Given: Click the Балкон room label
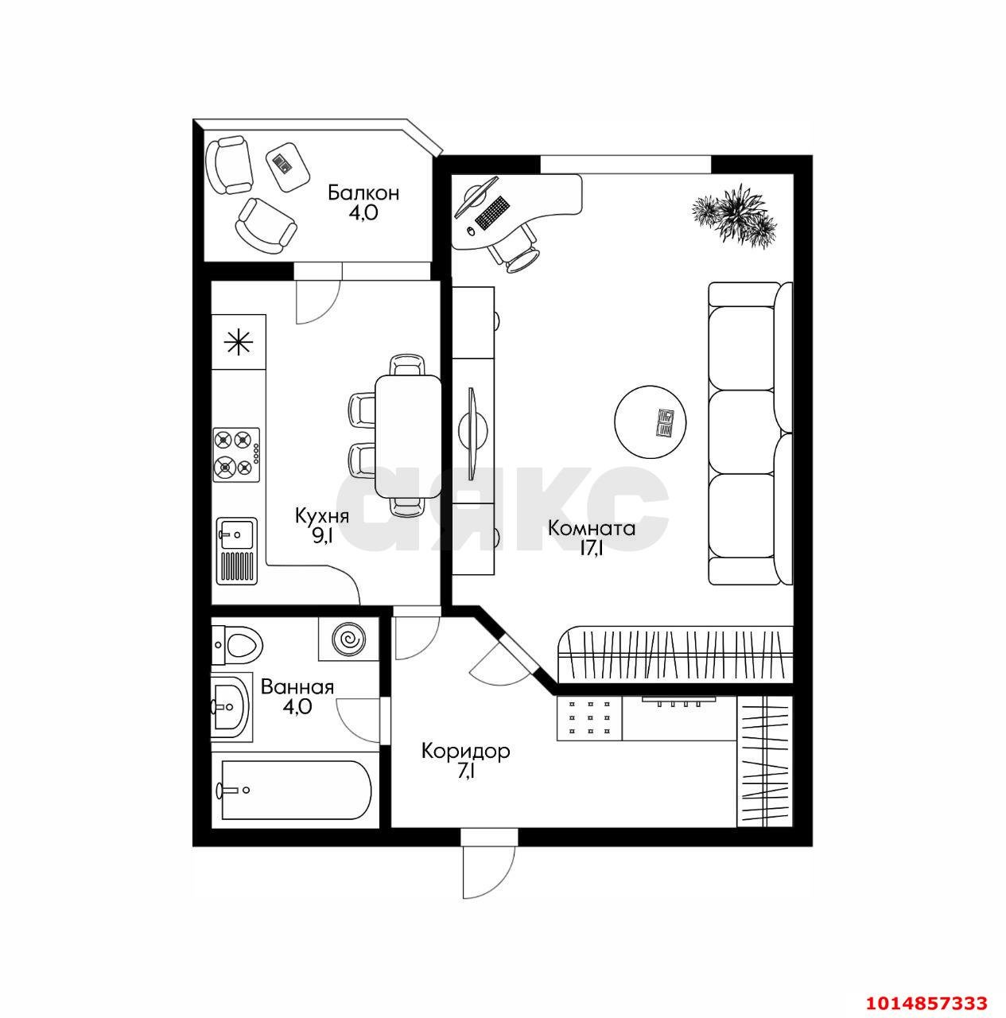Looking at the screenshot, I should (x=363, y=192).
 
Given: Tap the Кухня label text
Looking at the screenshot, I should (x=321, y=515).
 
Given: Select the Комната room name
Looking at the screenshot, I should (x=592, y=528).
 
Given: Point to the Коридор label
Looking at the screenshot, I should (x=465, y=751).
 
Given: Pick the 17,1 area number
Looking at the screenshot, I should (x=591, y=549).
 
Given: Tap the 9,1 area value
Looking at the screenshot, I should (x=322, y=535).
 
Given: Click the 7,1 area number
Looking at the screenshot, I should (x=466, y=771).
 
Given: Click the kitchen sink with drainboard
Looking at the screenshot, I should (x=236, y=550).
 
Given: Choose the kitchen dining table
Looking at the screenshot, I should (x=408, y=433).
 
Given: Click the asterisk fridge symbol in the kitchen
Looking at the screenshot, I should (x=238, y=343).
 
